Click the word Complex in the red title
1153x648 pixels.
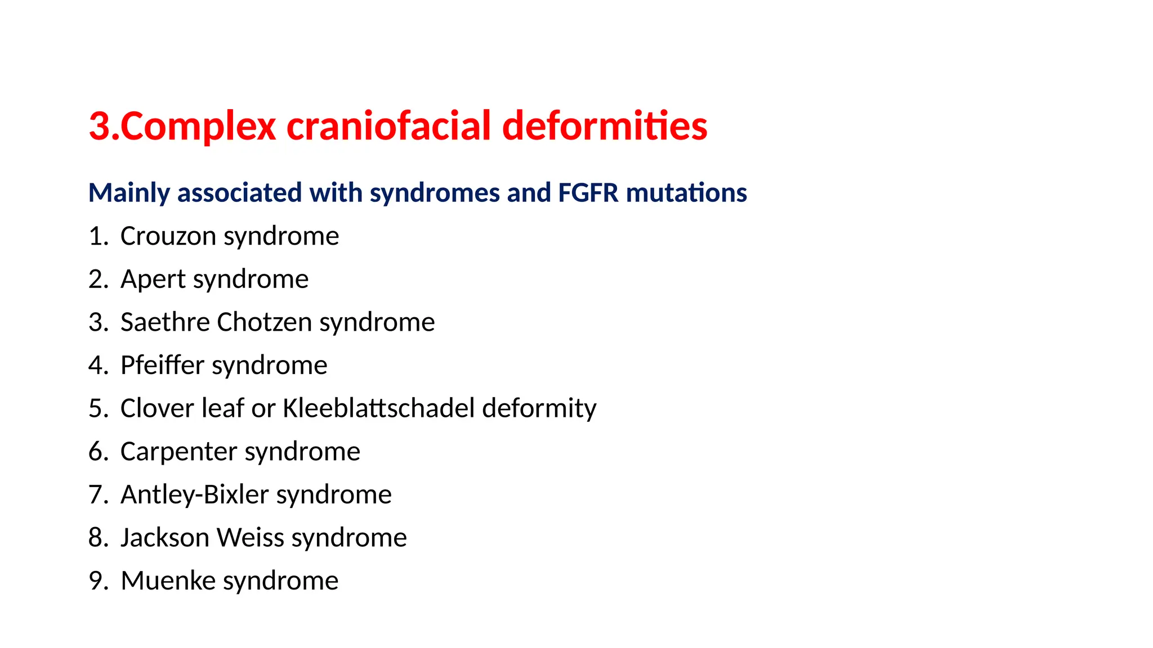tap(198, 126)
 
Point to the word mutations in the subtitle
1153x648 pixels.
tap(686, 193)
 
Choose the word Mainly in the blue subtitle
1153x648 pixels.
tap(129, 193)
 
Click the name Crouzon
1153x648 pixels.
tap(168, 236)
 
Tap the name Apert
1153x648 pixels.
tap(153, 279)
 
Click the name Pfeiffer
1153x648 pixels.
tap(162, 366)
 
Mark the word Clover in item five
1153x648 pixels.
tap(157, 408)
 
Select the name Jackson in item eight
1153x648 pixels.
tap(165, 538)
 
